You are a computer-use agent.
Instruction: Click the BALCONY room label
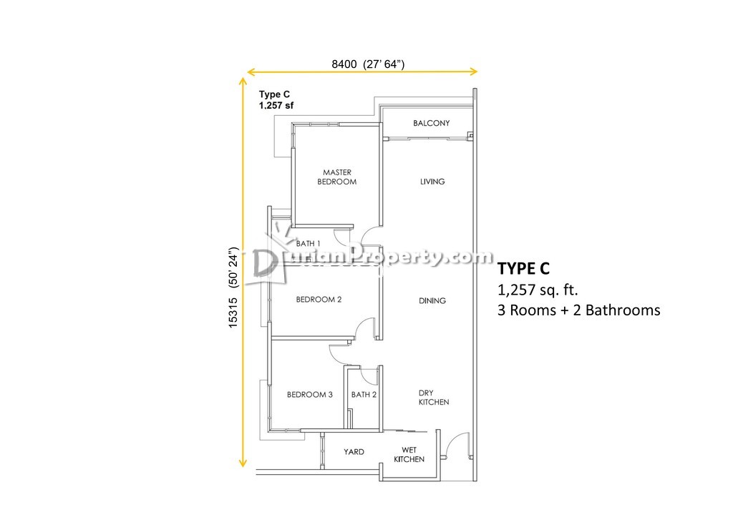(x=431, y=123)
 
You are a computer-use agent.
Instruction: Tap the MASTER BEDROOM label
(x=336, y=177)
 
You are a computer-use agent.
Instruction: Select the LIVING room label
(x=432, y=182)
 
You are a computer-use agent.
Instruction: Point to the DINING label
(x=432, y=301)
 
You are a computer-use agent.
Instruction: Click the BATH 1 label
(x=308, y=244)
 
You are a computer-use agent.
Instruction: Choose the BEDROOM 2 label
(x=319, y=300)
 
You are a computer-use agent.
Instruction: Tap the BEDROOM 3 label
(x=310, y=395)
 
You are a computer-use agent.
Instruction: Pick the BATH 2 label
(x=364, y=395)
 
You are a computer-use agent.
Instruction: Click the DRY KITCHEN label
(x=433, y=398)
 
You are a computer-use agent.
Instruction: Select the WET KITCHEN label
(x=409, y=455)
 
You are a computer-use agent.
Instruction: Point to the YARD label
(x=354, y=452)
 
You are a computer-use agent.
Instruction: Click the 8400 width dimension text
(x=368, y=64)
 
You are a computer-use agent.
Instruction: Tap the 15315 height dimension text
(x=233, y=287)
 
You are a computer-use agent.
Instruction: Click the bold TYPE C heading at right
(x=523, y=269)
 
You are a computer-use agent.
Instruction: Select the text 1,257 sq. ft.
(x=538, y=290)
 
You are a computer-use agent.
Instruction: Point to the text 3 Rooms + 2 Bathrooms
(x=578, y=310)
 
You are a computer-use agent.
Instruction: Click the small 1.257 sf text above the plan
(x=276, y=106)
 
